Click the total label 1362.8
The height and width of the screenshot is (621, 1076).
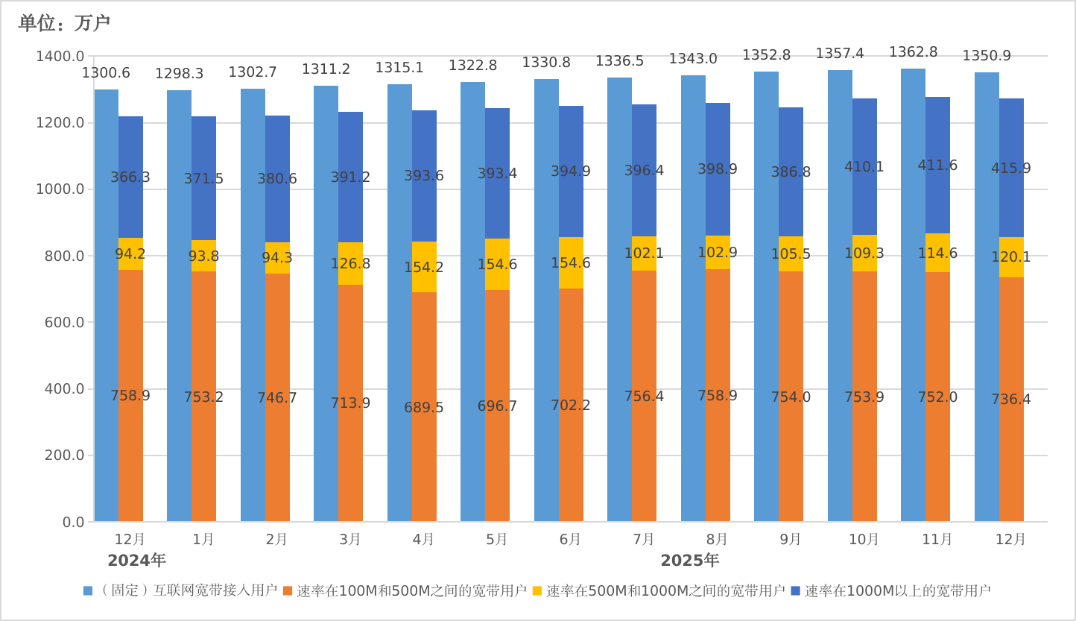[913, 52]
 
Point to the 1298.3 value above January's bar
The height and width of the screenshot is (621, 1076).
[179, 74]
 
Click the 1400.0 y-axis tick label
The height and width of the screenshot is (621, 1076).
[60, 56]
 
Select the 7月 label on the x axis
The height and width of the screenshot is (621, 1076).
[644, 539]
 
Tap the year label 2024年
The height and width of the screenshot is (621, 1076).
[136, 561]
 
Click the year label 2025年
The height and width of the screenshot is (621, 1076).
[689, 561]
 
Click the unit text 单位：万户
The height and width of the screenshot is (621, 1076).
[64, 23]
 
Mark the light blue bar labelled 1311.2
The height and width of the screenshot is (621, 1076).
[326, 298]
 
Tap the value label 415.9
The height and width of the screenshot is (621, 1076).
[1010, 168]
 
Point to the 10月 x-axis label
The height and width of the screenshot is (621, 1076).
[864, 539]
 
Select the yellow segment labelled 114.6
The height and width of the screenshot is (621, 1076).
[937, 253]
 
